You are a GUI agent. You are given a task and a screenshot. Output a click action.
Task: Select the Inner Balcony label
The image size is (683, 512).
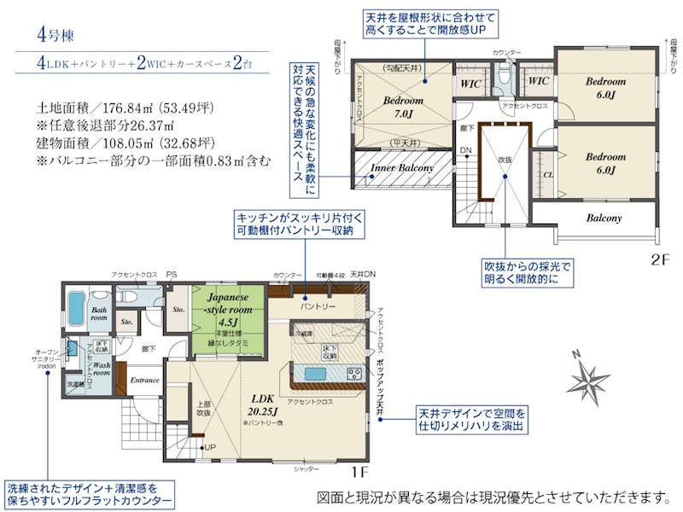tap(402, 168)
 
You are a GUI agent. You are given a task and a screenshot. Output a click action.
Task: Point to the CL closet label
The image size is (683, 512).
tap(547, 176)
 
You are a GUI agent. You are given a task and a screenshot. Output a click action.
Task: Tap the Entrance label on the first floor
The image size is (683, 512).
tap(145, 379)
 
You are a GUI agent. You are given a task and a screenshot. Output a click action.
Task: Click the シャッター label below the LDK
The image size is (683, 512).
tap(306, 469)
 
